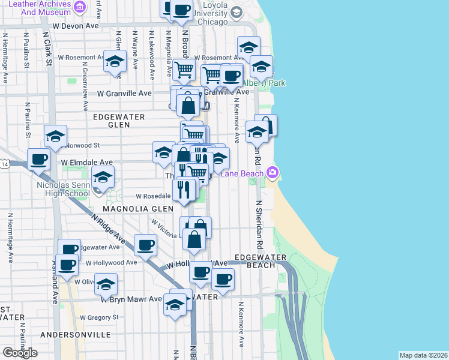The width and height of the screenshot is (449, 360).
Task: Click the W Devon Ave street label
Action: pos(76,26)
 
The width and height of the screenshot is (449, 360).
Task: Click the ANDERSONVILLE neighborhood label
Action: pos(76,334)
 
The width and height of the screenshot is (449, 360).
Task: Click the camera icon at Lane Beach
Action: pos(273,173)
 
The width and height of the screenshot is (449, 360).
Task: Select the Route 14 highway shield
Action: pos(5,164)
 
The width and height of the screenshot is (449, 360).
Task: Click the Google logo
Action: pos(20,353)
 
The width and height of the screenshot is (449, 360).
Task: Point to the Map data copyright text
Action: pos(424,355)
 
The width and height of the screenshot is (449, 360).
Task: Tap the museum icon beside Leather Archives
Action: pos(80,8)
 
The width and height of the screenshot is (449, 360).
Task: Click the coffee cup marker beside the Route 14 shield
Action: pos(39,160)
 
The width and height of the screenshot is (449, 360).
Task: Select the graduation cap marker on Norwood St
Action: pos(55,137)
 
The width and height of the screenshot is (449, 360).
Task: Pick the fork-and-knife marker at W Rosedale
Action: pos(184,190)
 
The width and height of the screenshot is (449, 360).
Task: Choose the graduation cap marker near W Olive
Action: pos(106,285)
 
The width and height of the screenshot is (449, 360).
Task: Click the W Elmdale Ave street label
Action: pos(87,162)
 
